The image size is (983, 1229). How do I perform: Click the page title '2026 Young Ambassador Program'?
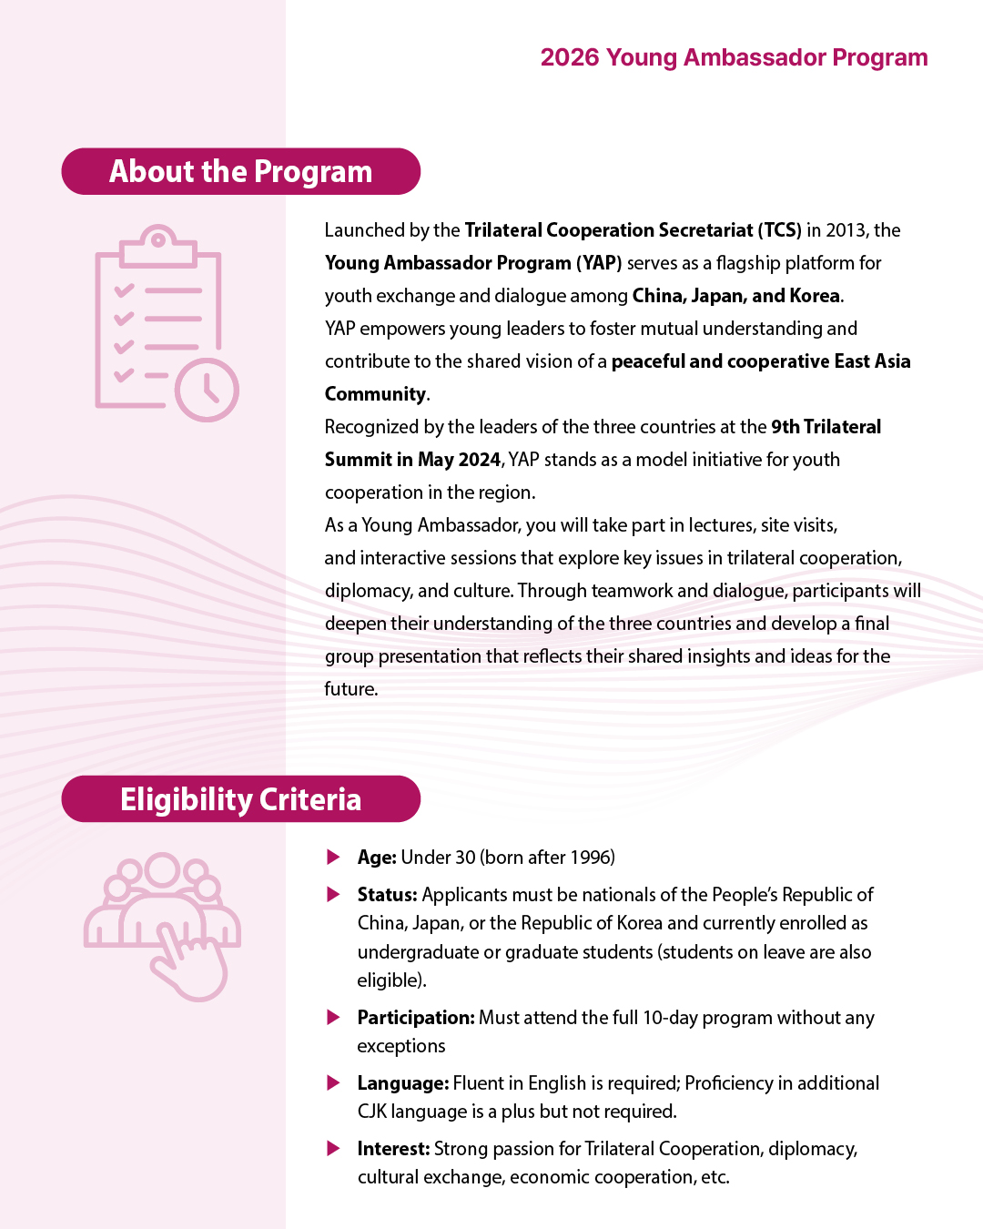[x=734, y=57]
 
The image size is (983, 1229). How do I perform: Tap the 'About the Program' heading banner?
[x=240, y=171]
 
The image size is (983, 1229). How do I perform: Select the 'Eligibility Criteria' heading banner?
[x=240, y=799]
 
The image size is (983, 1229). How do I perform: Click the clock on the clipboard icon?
[x=207, y=391]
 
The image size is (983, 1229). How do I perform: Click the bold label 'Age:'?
[x=377, y=858]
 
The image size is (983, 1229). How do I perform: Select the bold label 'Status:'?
[x=387, y=895]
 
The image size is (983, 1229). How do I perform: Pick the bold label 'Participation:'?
[x=416, y=1018]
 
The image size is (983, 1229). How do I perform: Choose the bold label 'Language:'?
[x=402, y=1083]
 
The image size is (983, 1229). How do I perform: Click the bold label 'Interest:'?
[x=393, y=1149]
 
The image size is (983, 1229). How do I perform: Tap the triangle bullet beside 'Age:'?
[x=334, y=858]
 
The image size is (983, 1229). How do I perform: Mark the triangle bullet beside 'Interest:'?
[x=334, y=1149]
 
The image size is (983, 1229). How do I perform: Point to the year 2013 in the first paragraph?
[x=846, y=230]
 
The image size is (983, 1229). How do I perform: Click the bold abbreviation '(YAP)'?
[x=598, y=263]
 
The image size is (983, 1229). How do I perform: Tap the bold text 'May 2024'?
[x=459, y=460]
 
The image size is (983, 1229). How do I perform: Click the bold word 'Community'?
[x=375, y=394]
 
